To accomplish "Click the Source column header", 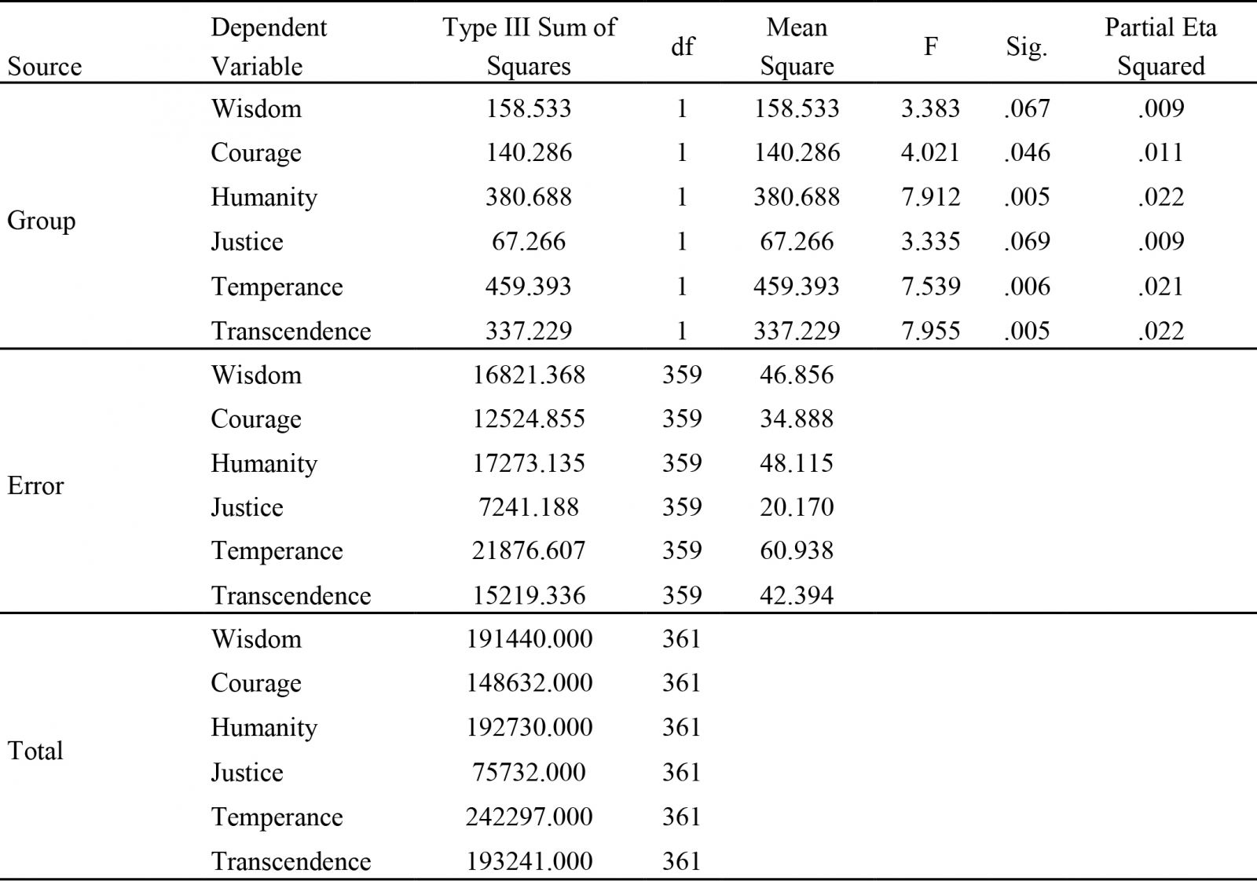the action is pyautogui.click(x=44, y=67).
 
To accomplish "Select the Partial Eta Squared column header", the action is pyautogui.click(x=1160, y=46).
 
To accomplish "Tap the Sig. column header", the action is pyautogui.click(x=1026, y=47).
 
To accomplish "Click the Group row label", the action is pyautogui.click(x=41, y=221).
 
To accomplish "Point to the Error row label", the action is pyautogui.click(x=35, y=485).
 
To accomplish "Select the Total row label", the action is pyautogui.click(x=35, y=751).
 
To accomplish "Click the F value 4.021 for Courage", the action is pyautogui.click(x=930, y=152).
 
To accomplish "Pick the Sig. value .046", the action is pyautogui.click(x=1026, y=152).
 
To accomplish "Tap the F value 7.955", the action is pyautogui.click(x=930, y=331).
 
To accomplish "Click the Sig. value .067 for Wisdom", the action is pyautogui.click(x=1026, y=108).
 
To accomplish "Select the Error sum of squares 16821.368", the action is pyautogui.click(x=529, y=375).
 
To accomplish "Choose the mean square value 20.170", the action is pyautogui.click(x=797, y=507).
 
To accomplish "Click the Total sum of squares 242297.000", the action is pyautogui.click(x=529, y=817).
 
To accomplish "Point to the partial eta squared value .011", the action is pyautogui.click(x=1160, y=152).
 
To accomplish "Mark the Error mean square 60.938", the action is pyautogui.click(x=797, y=550).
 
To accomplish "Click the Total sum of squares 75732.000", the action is pyautogui.click(x=529, y=772).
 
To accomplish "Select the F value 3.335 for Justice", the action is pyautogui.click(x=930, y=242).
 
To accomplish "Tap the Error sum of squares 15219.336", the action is pyautogui.click(x=529, y=595).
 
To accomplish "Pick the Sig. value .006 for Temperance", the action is pyautogui.click(x=1026, y=287).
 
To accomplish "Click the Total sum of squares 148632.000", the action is pyautogui.click(x=529, y=683).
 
